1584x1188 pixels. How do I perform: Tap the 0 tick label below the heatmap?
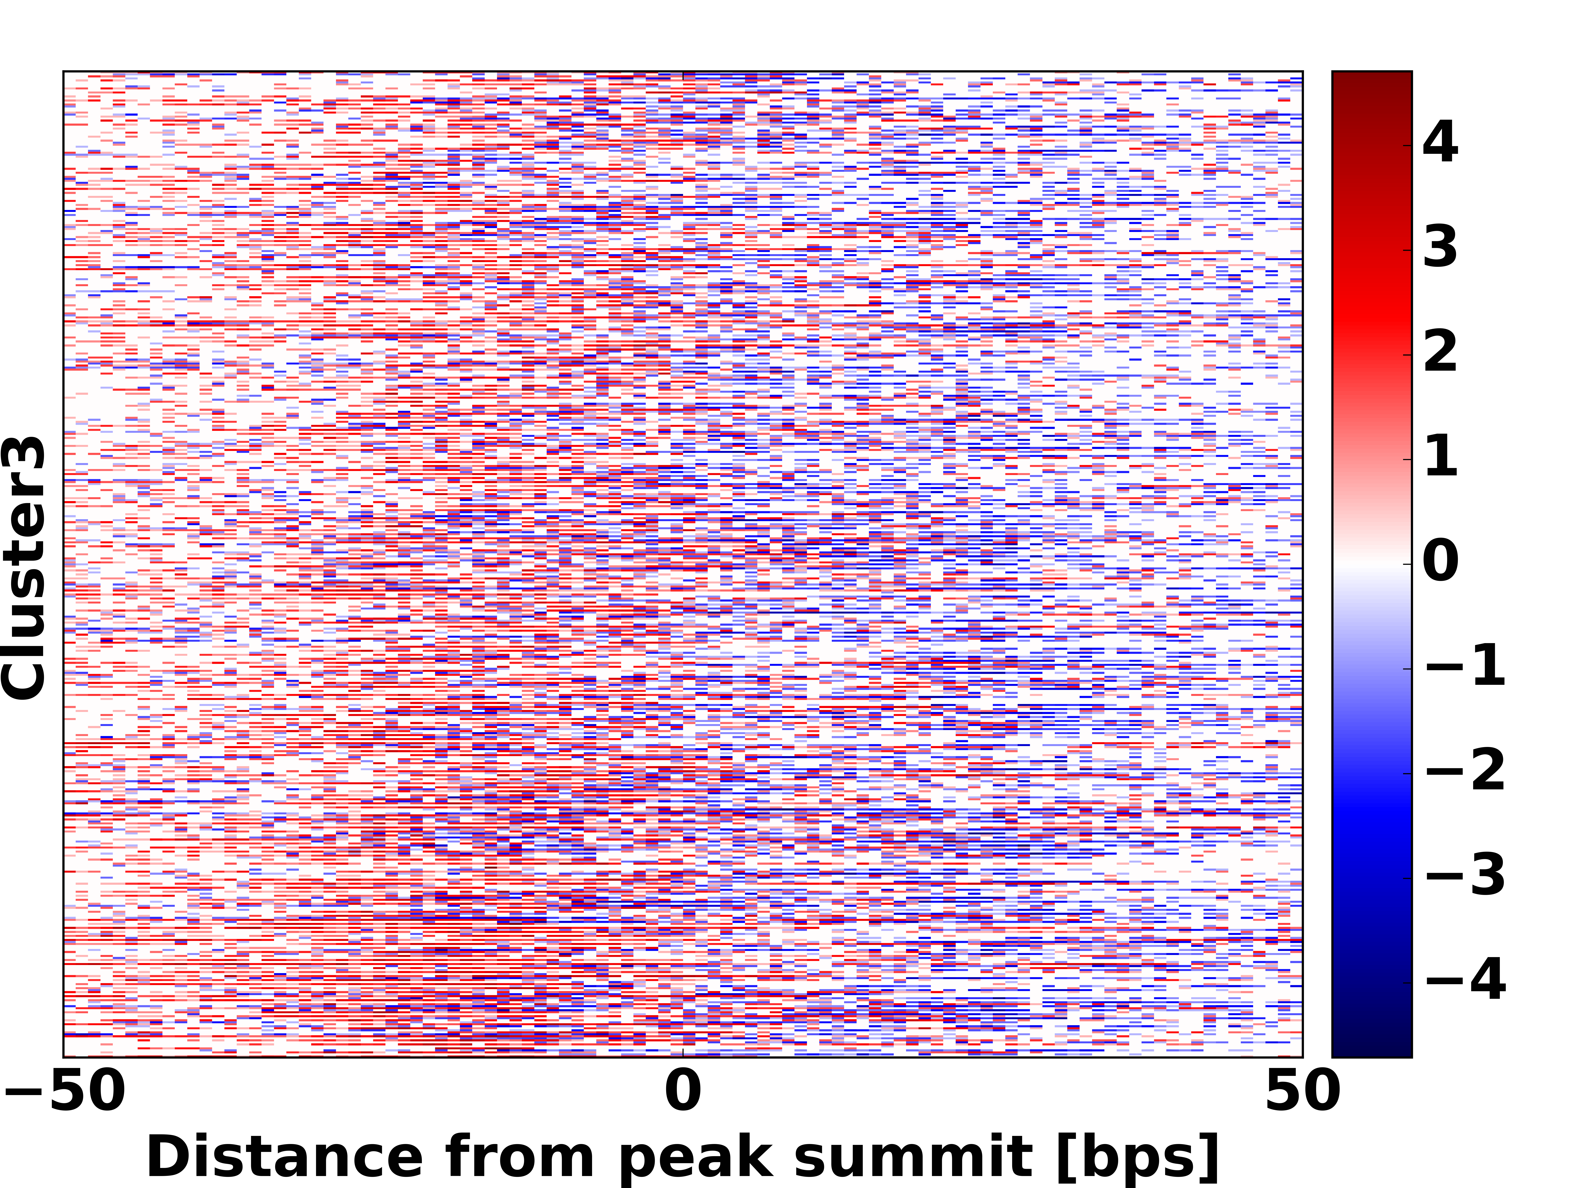tap(683, 1091)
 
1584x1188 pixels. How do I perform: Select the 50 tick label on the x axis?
tap(1302, 1091)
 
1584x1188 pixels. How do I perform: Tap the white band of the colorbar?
tap(1371, 564)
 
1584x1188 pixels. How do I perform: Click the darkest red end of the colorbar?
tap(1371, 79)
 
